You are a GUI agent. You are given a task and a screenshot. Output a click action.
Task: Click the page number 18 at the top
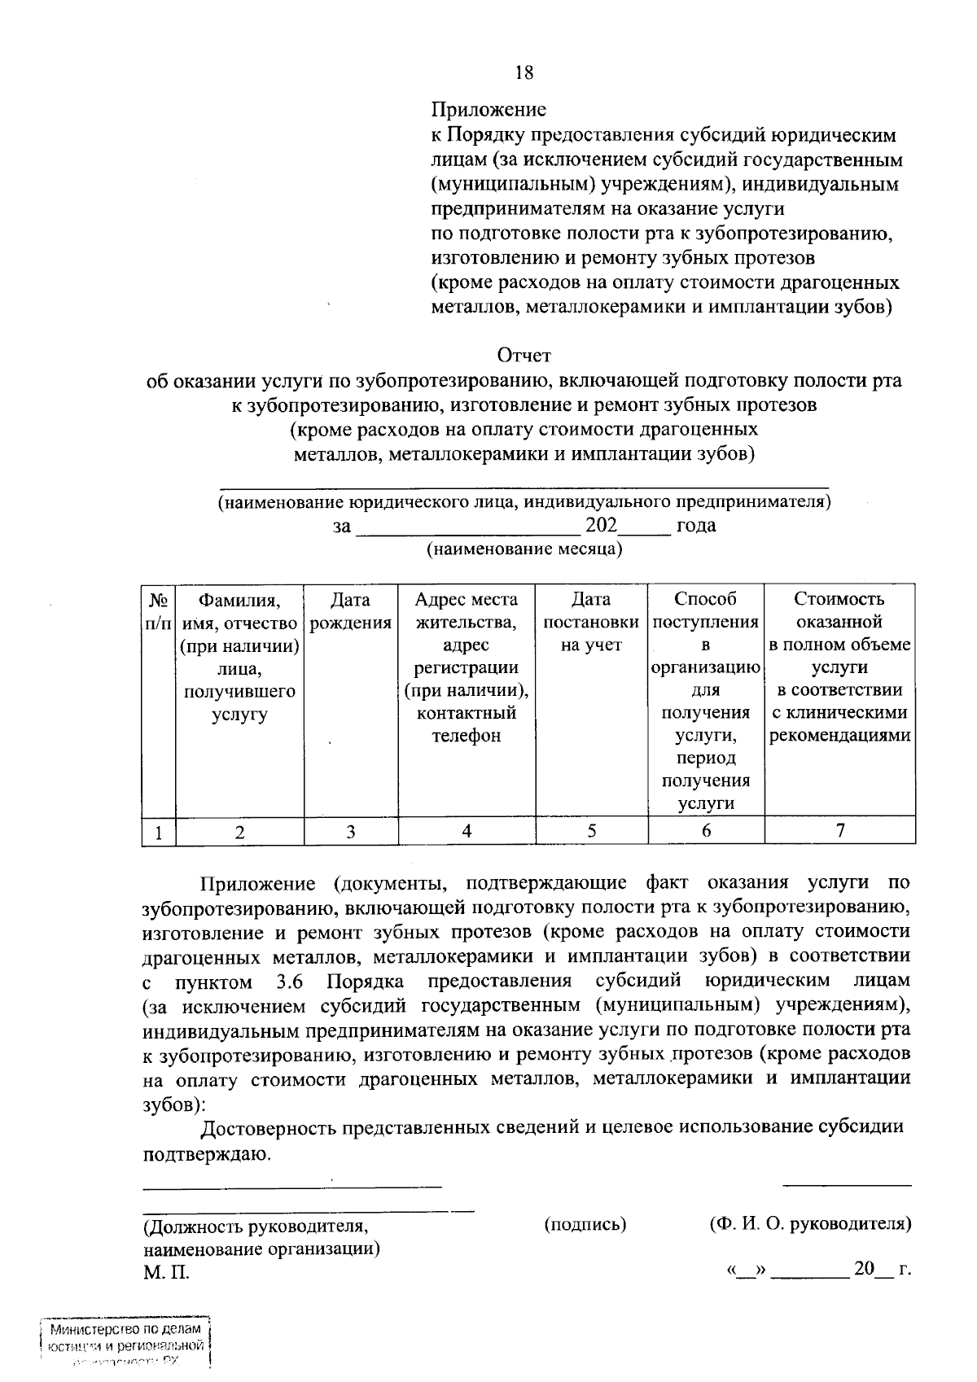pyautogui.click(x=524, y=72)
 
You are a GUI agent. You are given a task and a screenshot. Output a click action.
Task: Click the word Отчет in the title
pyautogui.click(x=524, y=356)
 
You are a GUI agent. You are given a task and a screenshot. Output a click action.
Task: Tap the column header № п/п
pyautogui.click(x=159, y=611)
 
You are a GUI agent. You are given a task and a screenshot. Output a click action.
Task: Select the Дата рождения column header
pyautogui.click(x=351, y=611)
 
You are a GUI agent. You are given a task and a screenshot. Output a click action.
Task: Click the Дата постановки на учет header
pyautogui.click(x=591, y=622)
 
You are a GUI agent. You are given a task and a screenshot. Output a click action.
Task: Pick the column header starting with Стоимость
pyautogui.click(x=839, y=667)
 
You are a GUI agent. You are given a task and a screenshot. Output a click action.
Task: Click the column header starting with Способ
pyautogui.click(x=706, y=700)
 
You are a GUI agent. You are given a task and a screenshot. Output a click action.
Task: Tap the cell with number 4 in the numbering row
pyautogui.click(x=467, y=831)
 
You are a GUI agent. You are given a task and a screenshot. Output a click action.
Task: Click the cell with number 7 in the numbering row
pyautogui.click(x=840, y=830)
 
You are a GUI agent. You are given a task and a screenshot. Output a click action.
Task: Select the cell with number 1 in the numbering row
pyautogui.click(x=159, y=833)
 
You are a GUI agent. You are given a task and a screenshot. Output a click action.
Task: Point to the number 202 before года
pyautogui.click(x=602, y=524)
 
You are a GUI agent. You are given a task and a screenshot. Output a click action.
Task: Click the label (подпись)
pyautogui.click(x=585, y=1223)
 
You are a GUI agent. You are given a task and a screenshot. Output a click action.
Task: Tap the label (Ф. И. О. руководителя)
pyautogui.click(x=810, y=1223)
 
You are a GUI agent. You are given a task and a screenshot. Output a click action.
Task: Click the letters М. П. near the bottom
pyautogui.click(x=167, y=1272)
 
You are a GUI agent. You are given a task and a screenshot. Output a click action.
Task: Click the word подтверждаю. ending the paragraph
pyautogui.click(x=205, y=1153)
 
